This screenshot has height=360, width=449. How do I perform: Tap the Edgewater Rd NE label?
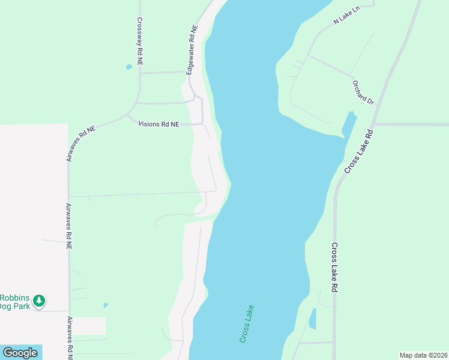click(191, 50)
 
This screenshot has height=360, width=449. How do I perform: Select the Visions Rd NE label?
click(158, 124)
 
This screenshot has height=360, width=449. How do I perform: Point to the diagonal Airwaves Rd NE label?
click(81, 143)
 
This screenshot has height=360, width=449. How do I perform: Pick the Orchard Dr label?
click(363, 92)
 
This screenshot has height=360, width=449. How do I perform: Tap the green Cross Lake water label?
click(247, 324)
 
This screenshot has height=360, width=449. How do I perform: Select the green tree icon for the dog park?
click(39, 300)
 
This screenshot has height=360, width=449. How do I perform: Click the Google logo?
click(20, 353)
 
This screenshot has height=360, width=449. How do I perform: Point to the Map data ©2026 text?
click(423, 355)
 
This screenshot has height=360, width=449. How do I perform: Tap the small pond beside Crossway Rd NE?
click(129, 67)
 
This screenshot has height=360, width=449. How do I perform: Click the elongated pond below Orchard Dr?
click(348, 125)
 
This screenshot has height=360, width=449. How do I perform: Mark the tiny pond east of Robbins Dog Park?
click(106, 305)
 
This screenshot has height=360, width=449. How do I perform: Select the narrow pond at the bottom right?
click(312, 319)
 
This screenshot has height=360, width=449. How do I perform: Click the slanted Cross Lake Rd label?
click(359, 151)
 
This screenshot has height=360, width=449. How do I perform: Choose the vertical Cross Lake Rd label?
click(335, 267)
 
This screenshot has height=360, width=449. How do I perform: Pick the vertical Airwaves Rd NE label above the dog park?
click(68, 226)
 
